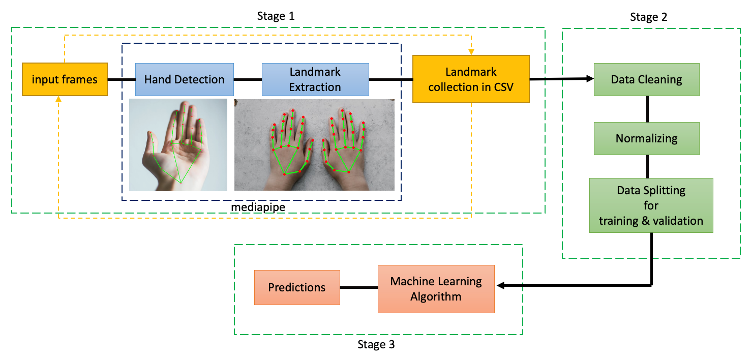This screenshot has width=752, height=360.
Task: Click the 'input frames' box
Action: pos(65,79)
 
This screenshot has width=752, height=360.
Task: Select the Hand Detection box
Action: pos(184,79)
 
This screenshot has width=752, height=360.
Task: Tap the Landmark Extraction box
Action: pos(315,79)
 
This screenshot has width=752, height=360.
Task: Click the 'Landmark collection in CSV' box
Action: pos(470,79)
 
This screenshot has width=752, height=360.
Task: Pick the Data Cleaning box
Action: pos(646,79)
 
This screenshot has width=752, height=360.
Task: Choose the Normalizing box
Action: pos(646,138)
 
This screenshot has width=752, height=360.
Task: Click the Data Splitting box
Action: pos(651,205)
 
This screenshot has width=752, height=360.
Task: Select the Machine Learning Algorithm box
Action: pos(436,289)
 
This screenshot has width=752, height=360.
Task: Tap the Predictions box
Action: pos(296,287)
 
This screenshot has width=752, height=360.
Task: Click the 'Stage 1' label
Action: pos(276,16)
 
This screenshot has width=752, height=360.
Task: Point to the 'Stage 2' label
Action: pos(648,17)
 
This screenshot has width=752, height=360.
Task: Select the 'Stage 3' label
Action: pos(376,345)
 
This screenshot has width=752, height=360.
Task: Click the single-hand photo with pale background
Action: pos(178,145)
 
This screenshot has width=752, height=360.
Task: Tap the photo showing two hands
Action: pos(314,145)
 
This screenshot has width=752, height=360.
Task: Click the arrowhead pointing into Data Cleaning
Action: pos(590,78)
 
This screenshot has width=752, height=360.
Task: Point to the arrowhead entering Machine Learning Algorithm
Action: pos(500,286)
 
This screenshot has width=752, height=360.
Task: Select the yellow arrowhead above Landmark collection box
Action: pos(471,51)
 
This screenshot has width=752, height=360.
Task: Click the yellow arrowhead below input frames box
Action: pos(58,99)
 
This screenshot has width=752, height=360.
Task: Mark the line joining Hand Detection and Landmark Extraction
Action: pos(248,79)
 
